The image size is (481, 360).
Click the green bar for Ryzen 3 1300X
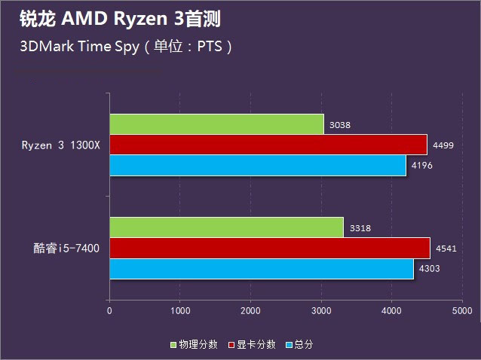pyautogui.click(x=216, y=124)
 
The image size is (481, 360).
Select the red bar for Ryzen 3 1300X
pyautogui.click(x=268, y=145)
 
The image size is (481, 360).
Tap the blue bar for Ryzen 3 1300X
pyautogui.click(x=257, y=165)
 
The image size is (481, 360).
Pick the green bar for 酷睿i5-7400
pyautogui.click(x=226, y=227)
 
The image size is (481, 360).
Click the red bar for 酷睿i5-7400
pyautogui.click(x=269, y=249)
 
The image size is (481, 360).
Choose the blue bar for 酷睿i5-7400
pyautogui.click(x=261, y=269)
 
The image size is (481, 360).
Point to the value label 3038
pyautogui.click(x=340, y=126)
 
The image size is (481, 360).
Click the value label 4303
pyautogui.click(x=430, y=270)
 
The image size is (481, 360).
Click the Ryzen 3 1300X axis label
pyautogui.click(x=60, y=145)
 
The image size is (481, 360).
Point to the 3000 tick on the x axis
pyautogui.click(x=321, y=310)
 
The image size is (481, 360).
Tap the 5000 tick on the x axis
pyautogui.click(x=461, y=310)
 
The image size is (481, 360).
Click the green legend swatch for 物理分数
pyautogui.click(x=173, y=345)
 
